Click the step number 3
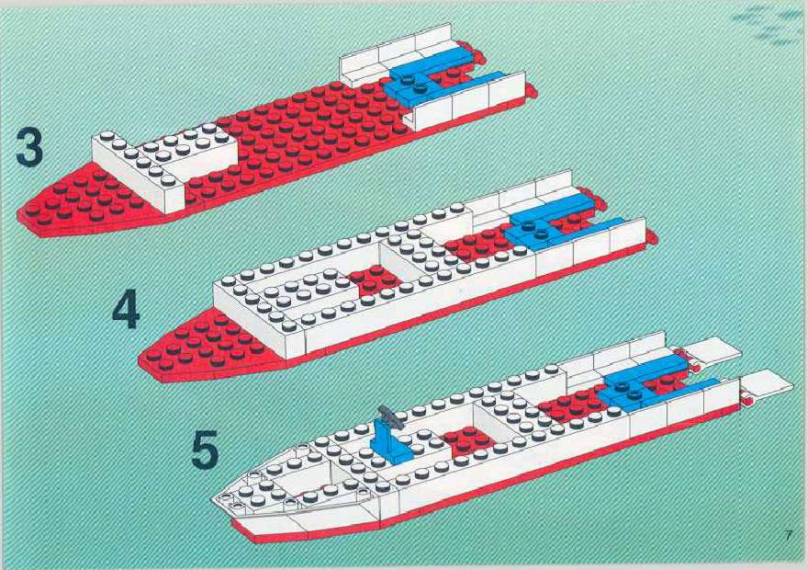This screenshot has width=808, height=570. coord(29,147)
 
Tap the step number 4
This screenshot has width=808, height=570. coord(126,309)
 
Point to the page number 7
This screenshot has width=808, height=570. coord(789,535)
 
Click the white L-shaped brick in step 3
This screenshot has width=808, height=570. coord(163,166)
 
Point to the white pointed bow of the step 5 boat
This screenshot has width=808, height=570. coord(288,480)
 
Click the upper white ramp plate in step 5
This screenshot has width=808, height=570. coord(713,350)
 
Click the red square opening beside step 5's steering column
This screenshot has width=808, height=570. coord(466,440)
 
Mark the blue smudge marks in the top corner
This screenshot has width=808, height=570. coord(768,24)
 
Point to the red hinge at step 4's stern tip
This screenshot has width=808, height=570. coord(652,237)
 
